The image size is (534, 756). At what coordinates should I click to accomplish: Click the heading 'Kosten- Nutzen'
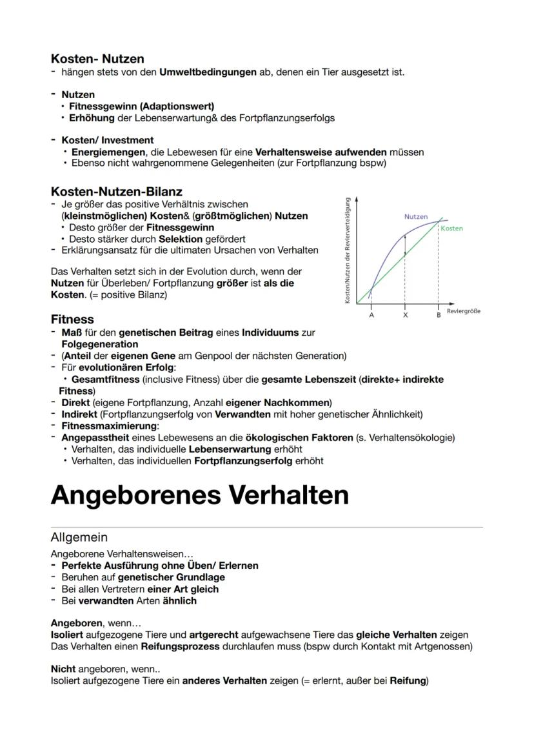point(97,59)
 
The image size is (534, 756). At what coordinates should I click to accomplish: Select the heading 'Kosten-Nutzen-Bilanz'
point(116,191)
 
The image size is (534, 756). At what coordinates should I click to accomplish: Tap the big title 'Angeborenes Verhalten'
point(199,495)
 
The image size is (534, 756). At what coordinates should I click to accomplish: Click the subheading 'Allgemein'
point(79,537)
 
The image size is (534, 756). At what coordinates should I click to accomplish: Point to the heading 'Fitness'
point(72,320)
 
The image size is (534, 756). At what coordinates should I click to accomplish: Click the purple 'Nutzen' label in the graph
point(416,217)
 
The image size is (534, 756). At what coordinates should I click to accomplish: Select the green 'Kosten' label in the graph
point(451,229)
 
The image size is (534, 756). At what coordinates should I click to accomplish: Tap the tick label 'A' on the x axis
point(371,315)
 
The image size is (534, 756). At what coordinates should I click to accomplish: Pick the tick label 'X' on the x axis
point(405,315)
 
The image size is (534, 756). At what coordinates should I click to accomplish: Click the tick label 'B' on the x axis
point(438,315)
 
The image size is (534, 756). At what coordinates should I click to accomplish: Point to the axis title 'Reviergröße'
point(463,311)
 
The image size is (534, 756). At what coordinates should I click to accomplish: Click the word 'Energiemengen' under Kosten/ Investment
point(106,152)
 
